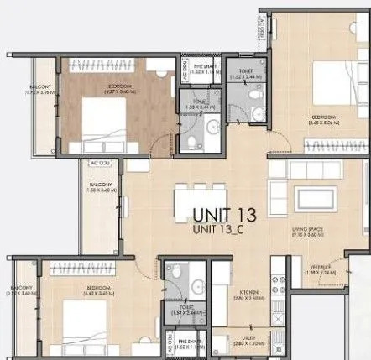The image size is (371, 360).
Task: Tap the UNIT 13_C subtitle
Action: [x=225, y=228]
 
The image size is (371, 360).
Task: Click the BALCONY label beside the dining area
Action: [x=102, y=185]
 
